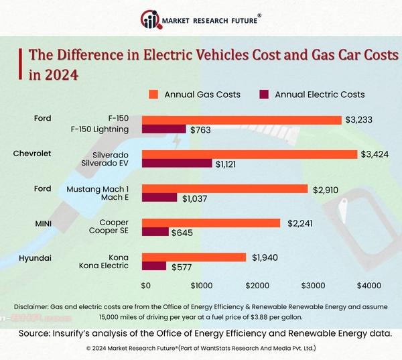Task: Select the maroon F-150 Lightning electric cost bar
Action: tap(163, 129)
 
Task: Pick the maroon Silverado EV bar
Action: tap(177, 163)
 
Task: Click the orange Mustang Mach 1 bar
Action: tap(224, 189)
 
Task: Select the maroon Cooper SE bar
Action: tap(155, 231)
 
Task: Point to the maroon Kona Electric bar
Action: tap(153, 266)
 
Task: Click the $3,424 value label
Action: tap(375, 154)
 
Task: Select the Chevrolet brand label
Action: tap(32, 154)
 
